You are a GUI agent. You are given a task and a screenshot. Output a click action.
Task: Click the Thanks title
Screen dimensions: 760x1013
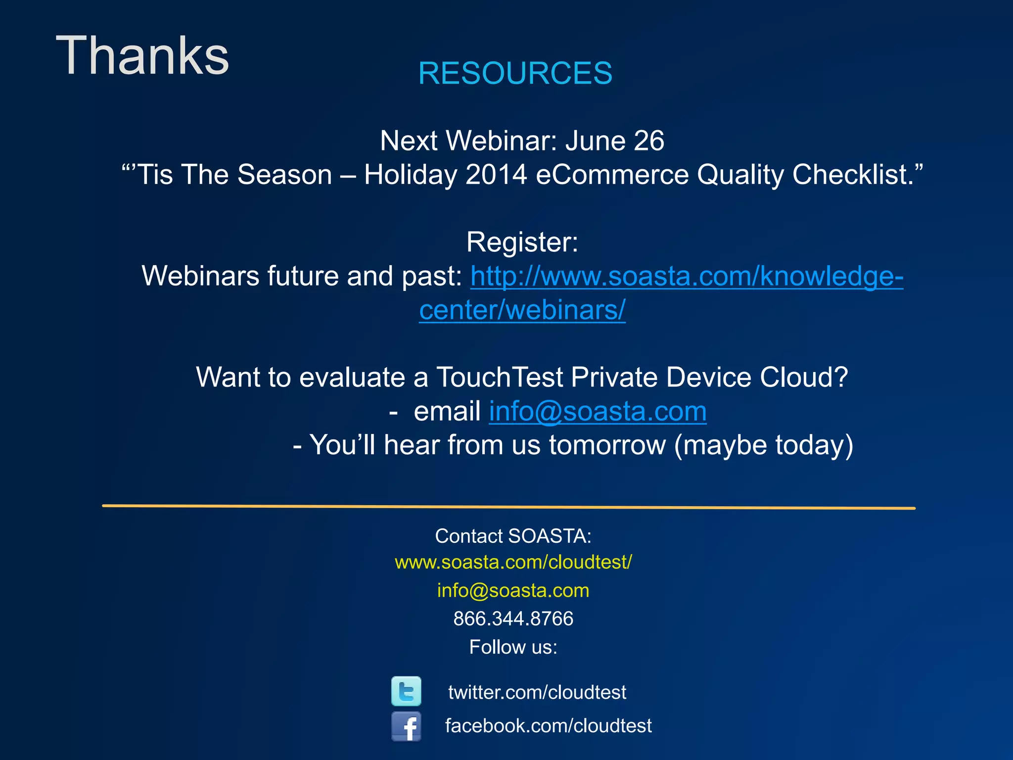point(142,55)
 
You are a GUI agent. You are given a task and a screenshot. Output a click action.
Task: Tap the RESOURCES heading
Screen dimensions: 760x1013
point(515,73)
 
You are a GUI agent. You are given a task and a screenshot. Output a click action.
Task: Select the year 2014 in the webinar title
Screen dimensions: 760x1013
point(496,175)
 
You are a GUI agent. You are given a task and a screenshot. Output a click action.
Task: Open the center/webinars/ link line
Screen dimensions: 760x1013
point(522,310)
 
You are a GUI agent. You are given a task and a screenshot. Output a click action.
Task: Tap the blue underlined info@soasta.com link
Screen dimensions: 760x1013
point(598,411)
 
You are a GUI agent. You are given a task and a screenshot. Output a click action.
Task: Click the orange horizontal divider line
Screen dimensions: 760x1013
point(508,507)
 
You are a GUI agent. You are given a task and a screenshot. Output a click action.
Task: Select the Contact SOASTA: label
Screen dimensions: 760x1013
point(513,536)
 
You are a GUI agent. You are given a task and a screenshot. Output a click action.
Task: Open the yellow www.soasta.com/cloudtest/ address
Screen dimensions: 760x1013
point(513,563)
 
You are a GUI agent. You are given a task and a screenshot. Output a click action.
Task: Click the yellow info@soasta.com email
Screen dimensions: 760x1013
point(513,591)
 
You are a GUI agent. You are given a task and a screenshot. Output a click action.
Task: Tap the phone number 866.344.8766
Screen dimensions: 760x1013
point(513,619)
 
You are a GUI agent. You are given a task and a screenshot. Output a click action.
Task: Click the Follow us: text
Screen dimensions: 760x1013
point(513,647)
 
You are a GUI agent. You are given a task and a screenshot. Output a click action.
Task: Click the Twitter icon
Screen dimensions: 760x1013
point(406,691)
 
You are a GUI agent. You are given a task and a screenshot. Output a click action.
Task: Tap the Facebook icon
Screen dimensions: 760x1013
point(406,726)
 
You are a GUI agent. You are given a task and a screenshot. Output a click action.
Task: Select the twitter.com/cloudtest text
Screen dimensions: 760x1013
point(537,692)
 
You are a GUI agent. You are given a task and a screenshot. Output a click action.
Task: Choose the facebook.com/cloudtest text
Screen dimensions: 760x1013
point(548,726)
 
